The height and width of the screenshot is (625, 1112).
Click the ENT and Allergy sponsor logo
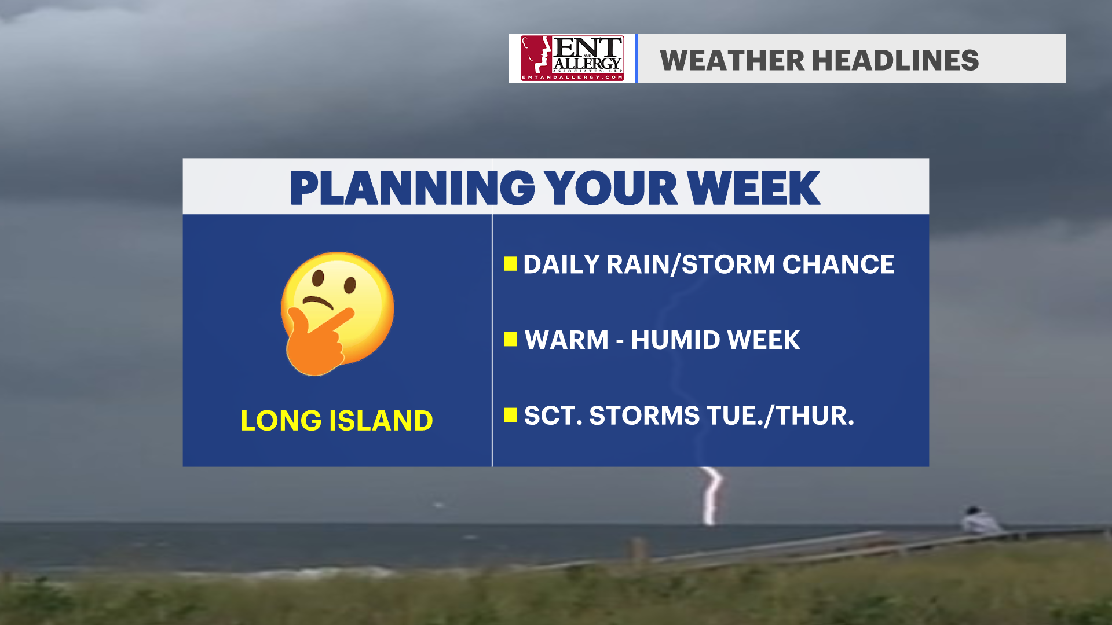(572, 58)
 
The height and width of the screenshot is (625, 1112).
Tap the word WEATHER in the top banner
(732, 60)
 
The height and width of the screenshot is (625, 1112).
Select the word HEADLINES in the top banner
(895, 60)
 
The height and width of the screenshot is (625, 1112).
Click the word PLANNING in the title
(412, 188)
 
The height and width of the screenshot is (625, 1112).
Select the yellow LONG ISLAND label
(336, 420)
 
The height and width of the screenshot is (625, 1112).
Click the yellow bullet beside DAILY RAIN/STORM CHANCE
(510, 264)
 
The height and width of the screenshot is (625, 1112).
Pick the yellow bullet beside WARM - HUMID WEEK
(510, 339)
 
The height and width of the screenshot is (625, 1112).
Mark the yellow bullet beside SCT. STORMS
(510, 415)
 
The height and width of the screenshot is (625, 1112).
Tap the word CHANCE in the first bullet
(838, 264)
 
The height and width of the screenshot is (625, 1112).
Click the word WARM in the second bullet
(566, 340)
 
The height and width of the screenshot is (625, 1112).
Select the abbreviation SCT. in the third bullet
(553, 416)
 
